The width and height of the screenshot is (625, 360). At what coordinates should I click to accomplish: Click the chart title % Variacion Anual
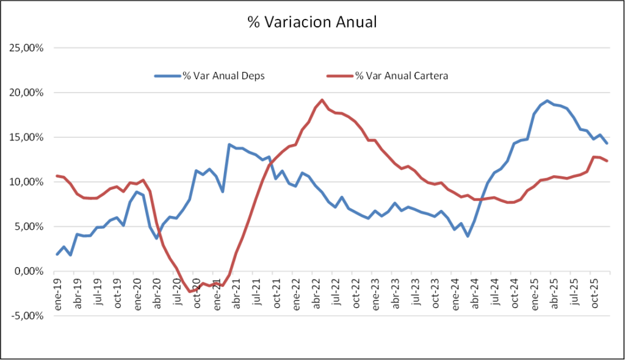pyautogui.click(x=312, y=23)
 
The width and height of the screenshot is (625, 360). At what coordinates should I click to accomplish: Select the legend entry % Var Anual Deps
pyautogui.click(x=223, y=76)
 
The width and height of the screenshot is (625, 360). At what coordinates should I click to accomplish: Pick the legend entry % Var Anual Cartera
pyautogui.click(x=402, y=76)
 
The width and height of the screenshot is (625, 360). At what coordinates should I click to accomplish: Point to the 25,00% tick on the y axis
pyautogui.click(x=25, y=48)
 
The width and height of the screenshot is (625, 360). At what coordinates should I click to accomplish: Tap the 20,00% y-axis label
pyautogui.click(x=25, y=93)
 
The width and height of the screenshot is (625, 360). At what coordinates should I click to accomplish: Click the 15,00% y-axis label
pyautogui.click(x=25, y=137)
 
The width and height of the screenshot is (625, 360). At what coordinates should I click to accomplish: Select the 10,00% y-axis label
pyautogui.click(x=25, y=182)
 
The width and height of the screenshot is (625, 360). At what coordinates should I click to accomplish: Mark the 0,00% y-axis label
pyautogui.click(x=27, y=272)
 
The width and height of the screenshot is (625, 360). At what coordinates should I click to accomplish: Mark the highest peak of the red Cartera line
pyautogui.click(x=322, y=100)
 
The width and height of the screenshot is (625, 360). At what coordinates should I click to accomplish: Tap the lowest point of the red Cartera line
pyautogui.click(x=189, y=291)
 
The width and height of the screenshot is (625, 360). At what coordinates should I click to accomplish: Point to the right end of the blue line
pyautogui.click(x=607, y=143)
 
